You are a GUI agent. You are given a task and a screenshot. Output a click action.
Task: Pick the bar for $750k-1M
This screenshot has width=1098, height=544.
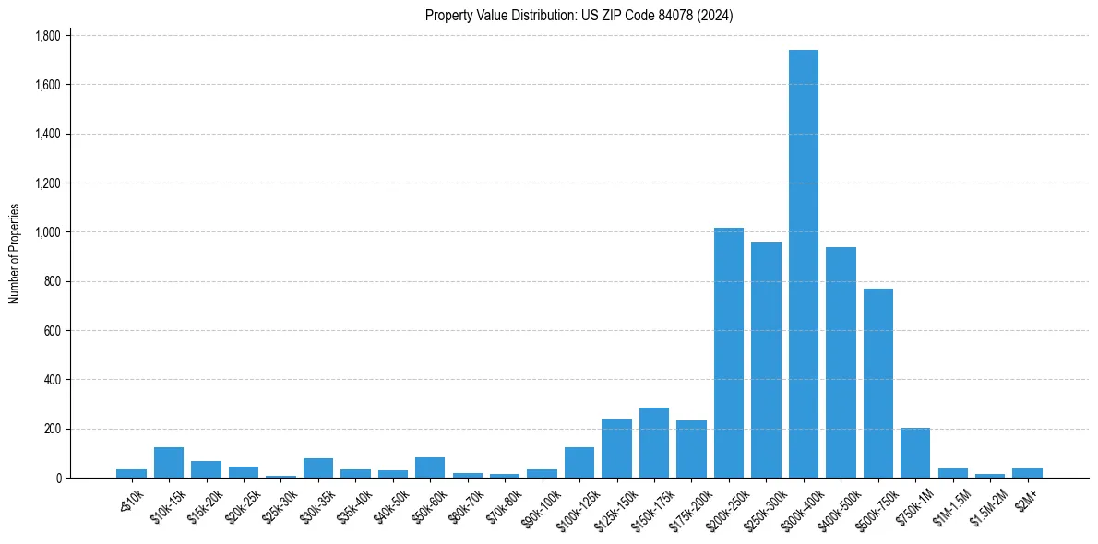click(915, 453)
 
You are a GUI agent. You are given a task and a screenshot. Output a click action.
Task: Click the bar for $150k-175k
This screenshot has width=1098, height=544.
click(654, 443)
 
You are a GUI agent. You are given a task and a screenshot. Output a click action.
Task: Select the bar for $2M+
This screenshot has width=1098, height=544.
click(1027, 473)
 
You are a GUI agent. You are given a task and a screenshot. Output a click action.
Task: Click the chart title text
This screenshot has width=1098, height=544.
click(579, 16)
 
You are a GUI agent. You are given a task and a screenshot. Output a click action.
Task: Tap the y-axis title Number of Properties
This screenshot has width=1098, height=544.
click(15, 254)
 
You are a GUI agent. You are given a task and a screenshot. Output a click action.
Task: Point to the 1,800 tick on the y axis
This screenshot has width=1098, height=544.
click(47, 36)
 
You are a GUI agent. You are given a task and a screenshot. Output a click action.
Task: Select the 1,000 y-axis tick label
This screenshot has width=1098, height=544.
click(47, 232)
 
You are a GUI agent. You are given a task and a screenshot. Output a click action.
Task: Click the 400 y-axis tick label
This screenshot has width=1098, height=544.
click(52, 380)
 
